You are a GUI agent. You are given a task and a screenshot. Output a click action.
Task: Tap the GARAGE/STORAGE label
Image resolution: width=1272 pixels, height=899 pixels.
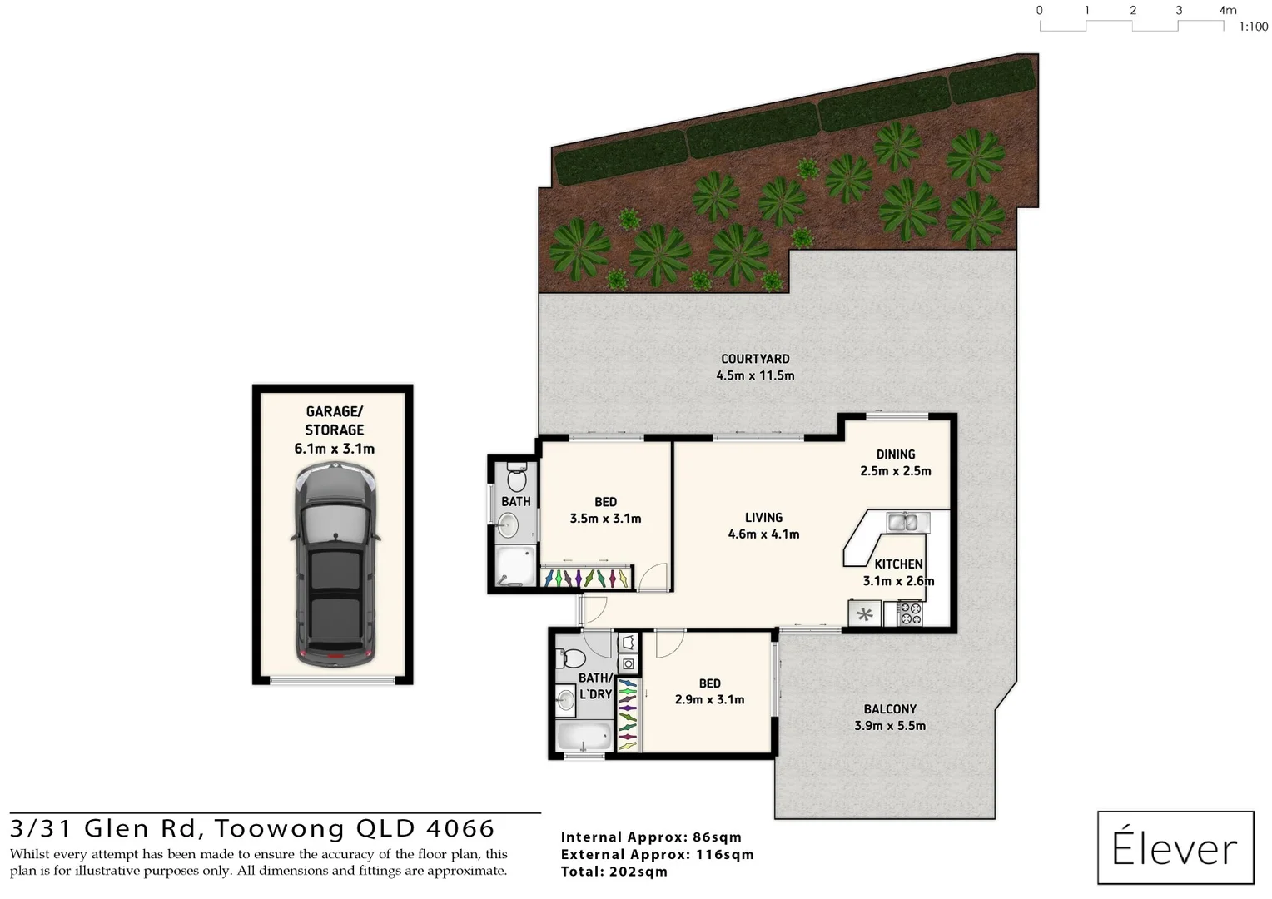pos(334,420)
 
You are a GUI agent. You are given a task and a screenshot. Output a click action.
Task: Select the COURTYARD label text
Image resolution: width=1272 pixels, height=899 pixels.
pos(755,359)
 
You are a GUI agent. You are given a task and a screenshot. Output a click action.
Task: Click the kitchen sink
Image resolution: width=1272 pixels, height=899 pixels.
pos(902,522)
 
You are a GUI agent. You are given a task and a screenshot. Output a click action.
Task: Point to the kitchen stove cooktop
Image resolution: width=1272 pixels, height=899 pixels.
pos(910,614)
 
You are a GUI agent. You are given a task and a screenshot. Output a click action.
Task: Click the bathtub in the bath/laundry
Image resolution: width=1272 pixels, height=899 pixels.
pos(584,736)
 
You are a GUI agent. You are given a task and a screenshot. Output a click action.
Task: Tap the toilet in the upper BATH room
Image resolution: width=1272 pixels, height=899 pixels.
pos(516,478)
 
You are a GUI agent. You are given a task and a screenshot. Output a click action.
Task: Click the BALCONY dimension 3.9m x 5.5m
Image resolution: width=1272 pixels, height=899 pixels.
pos(890,726)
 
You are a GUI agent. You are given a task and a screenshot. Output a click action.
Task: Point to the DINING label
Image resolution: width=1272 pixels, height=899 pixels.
pos(896,454)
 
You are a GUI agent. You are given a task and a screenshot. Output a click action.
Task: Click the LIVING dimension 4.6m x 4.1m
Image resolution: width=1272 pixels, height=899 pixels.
pos(763,534)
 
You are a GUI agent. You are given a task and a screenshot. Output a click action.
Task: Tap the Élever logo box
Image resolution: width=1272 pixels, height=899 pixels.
pos(1175,847)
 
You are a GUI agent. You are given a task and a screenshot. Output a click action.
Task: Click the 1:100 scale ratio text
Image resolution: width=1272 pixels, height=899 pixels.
pos(1253,27)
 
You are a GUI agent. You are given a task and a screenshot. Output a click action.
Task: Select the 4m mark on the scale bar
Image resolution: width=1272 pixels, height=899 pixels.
pos(1227,11)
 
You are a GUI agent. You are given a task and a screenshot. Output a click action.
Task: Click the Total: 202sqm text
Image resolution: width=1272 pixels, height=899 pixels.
pos(614,872)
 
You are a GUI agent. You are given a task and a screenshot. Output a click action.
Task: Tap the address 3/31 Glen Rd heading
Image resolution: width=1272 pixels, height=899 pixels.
pos(252,829)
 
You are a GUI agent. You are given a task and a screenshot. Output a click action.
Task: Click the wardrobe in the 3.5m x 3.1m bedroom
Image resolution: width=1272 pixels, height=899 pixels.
pos(585,577)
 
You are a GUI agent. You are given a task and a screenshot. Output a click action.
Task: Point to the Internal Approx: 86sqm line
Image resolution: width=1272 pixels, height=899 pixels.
pos(651,837)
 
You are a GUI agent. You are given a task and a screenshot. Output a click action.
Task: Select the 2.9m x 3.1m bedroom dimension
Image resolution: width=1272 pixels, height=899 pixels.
pos(709,700)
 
